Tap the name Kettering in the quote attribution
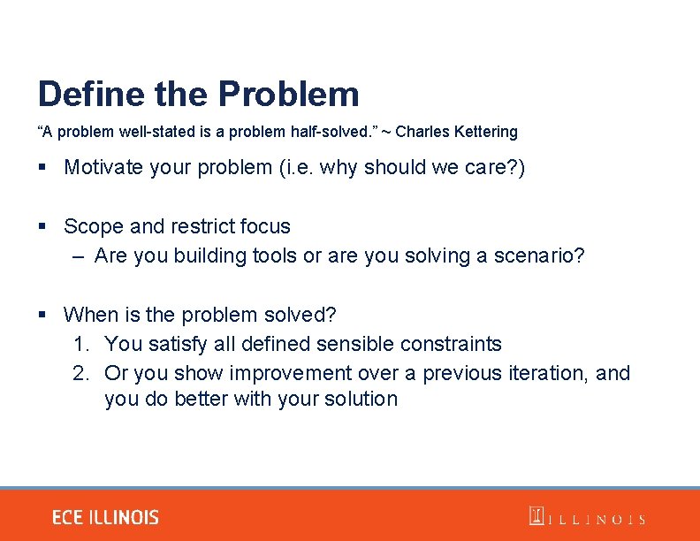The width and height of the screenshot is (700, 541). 485,132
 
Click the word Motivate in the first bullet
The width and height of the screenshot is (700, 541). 103,167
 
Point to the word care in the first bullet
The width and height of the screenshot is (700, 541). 487,167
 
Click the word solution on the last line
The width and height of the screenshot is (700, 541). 361,400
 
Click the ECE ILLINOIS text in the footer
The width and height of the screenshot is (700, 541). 105,517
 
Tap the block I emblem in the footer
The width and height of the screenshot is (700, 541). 536,516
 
